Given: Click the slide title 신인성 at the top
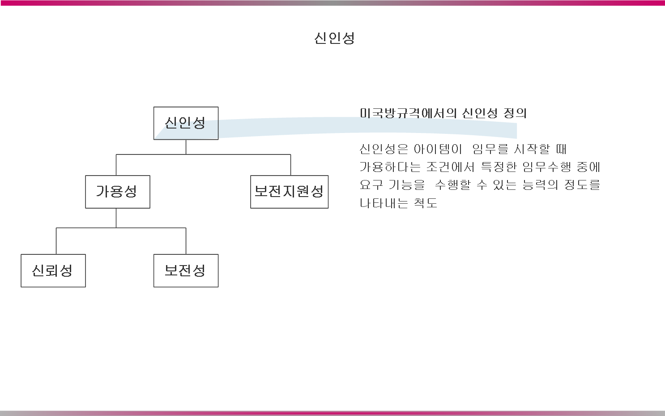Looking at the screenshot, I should point(334,38).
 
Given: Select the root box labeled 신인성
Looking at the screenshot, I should point(186,123).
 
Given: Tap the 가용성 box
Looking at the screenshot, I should point(117,192).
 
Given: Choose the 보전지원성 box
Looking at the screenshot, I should point(289,192).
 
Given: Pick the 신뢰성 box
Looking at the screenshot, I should point(53,270).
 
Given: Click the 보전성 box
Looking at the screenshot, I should point(186,270).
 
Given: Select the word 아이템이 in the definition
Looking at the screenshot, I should point(437,149).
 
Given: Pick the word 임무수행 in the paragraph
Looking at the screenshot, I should point(547,167).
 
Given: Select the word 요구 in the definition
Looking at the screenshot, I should point(371,185).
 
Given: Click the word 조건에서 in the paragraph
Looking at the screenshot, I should point(450,167).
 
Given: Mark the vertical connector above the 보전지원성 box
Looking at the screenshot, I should point(290,165).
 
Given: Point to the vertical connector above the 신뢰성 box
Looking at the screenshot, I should point(56,241).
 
